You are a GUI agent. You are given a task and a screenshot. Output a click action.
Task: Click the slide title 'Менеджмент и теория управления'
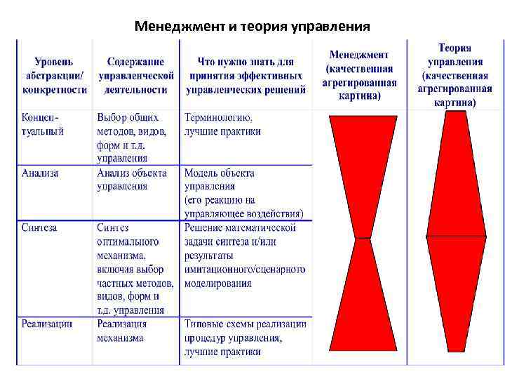click(x=252, y=27)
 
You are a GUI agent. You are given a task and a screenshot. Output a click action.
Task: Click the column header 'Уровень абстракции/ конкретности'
click(x=55, y=76)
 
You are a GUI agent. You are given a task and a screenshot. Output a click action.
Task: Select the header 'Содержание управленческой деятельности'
click(x=135, y=76)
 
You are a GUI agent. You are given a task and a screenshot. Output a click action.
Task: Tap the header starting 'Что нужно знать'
click(x=245, y=76)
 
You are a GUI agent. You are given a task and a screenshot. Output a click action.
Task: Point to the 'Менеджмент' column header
click(x=361, y=74)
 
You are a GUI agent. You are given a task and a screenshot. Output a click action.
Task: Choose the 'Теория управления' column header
click(x=454, y=74)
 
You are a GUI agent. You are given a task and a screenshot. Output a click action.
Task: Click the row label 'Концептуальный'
click(x=42, y=124)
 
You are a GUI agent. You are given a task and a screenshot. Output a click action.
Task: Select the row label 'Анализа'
click(x=40, y=173)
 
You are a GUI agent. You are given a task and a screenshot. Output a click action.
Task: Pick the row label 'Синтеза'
click(x=39, y=227)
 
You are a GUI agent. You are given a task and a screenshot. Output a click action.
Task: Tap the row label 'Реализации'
click(x=46, y=324)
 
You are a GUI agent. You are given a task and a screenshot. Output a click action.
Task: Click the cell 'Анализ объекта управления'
click(x=131, y=180)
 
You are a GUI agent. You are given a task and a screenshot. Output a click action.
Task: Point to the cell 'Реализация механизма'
click(x=121, y=331)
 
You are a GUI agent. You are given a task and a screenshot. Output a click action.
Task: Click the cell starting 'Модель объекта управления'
click(x=243, y=193)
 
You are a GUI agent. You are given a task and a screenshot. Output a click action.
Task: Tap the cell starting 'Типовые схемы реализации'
click(x=245, y=338)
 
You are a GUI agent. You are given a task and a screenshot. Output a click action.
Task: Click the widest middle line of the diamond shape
click(x=456, y=237)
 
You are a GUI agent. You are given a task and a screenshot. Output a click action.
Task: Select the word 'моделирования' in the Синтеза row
click(x=217, y=284)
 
